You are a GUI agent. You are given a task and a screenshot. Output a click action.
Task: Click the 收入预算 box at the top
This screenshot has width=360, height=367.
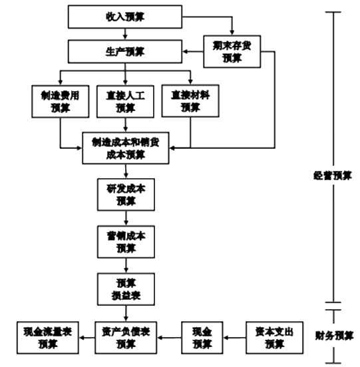(x=124, y=17)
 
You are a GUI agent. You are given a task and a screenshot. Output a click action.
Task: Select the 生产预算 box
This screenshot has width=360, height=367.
(x=124, y=51)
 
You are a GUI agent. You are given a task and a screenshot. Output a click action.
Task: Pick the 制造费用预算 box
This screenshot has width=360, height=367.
(x=59, y=101)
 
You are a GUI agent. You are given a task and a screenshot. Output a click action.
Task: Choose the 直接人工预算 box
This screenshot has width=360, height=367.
(x=125, y=101)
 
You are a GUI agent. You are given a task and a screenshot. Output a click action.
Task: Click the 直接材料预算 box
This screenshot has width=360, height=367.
(x=190, y=101)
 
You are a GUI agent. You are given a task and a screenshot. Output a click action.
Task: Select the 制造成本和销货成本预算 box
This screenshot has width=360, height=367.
(x=125, y=148)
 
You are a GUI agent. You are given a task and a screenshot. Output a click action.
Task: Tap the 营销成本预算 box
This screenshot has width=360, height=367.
(x=125, y=241)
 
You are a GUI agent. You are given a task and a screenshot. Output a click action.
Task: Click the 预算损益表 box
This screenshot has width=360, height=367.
(x=125, y=287)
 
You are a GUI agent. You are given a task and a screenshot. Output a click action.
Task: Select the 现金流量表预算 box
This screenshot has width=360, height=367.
(x=47, y=337)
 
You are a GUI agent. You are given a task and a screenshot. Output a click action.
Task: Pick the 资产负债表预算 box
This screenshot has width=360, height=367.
(x=125, y=337)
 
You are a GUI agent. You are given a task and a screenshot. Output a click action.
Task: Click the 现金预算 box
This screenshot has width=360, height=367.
(x=202, y=337)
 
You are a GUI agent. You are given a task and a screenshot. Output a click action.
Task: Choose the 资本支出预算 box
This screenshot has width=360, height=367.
(x=274, y=337)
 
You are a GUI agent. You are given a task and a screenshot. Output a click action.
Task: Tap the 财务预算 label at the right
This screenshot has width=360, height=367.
(x=333, y=335)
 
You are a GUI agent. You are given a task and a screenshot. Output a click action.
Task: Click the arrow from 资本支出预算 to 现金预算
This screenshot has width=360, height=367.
(x=236, y=337)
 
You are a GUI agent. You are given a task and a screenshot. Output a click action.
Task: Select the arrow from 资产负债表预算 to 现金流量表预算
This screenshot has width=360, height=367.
(x=87, y=337)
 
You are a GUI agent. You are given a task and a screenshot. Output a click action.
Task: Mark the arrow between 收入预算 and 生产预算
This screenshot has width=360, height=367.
(x=125, y=34)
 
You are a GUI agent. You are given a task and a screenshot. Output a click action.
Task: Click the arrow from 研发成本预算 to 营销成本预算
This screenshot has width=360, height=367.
(x=125, y=217)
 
